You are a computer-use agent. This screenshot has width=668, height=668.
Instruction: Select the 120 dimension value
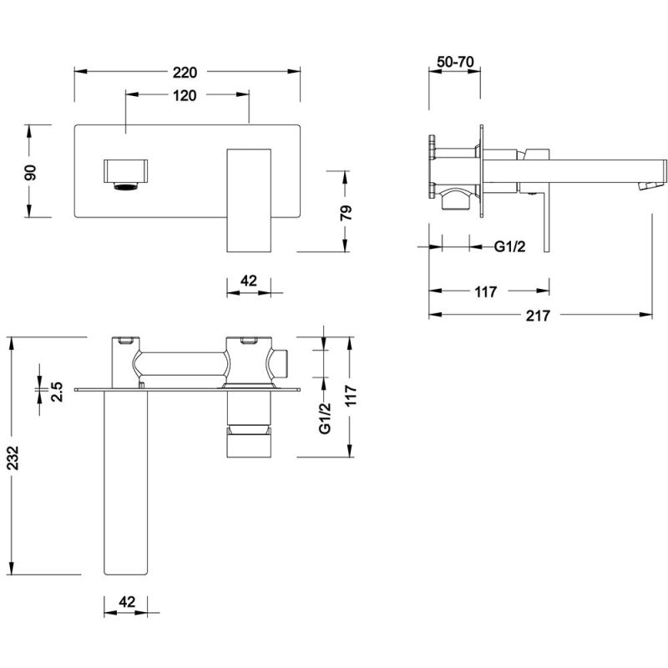(x=185, y=95)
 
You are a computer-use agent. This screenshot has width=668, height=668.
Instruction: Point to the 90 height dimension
(x=29, y=172)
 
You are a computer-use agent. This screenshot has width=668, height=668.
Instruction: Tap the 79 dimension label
(x=347, y=210)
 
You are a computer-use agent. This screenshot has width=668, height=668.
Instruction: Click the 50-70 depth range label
(x=455, y=63)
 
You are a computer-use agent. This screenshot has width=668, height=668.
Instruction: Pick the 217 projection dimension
(x=539, y=315)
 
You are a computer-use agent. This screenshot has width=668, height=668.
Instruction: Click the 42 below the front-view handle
(x=248, y=281)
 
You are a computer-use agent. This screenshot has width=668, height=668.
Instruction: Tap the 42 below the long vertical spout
(x=127, y=602)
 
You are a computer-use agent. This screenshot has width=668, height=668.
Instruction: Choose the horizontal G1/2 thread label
(x=509, y=245)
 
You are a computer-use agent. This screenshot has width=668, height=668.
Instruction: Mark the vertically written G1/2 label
(x=326, y=417)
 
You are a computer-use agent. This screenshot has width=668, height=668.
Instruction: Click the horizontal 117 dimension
(x=485, y=291)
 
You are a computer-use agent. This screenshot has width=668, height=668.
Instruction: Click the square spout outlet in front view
(x=127, y=176)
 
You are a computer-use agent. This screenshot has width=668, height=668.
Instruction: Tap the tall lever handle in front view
(x=250, y=199)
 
